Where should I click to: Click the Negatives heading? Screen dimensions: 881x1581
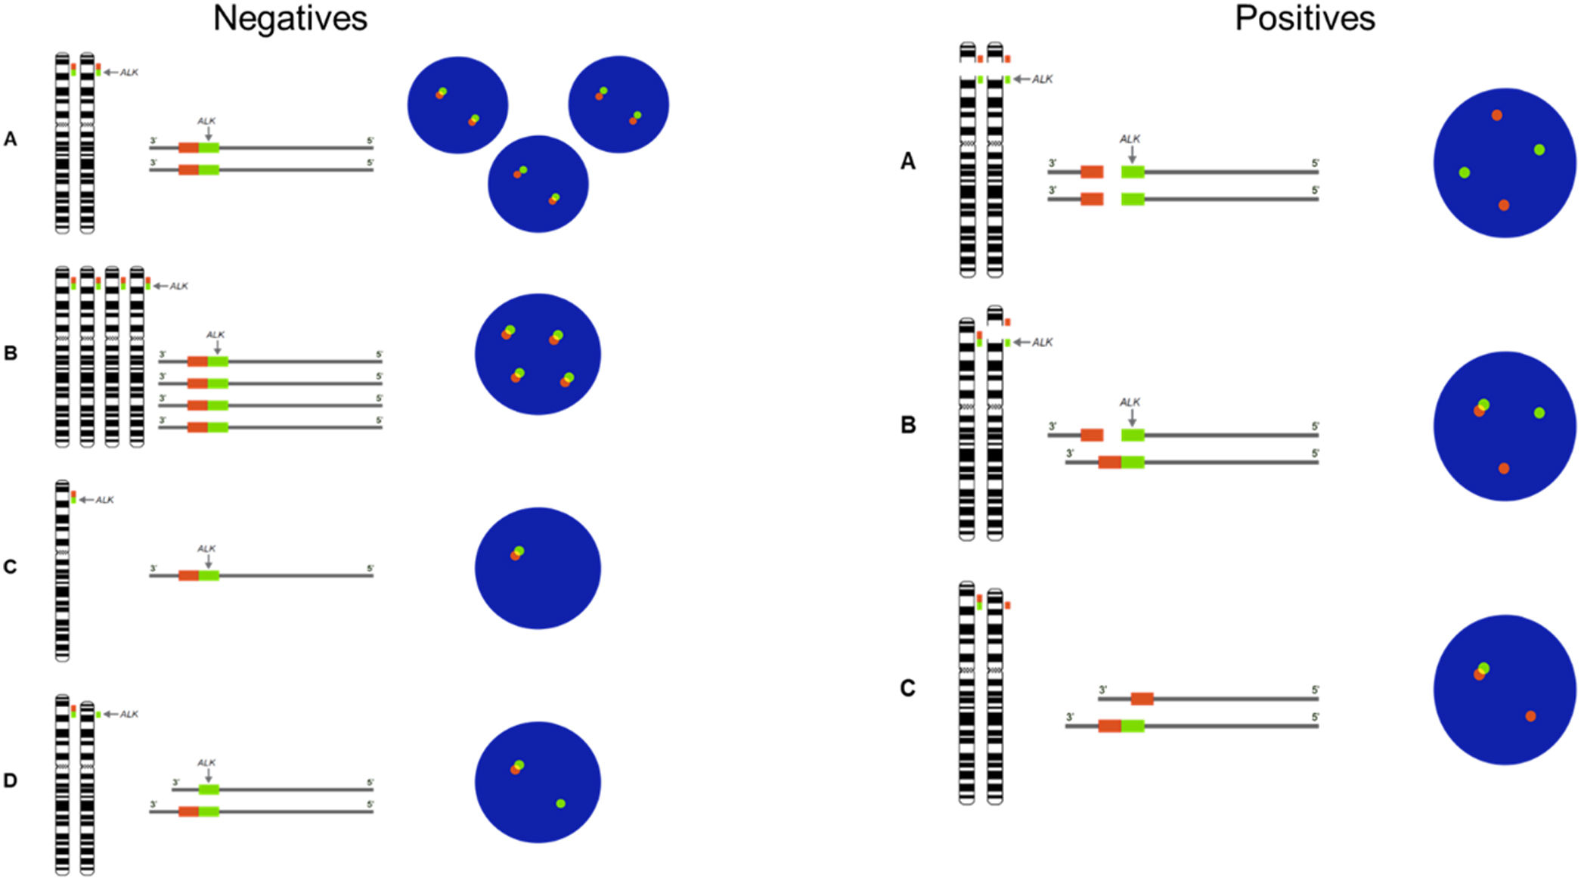(x=290, y=19)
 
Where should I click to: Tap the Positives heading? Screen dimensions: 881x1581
(x=1304, y=19)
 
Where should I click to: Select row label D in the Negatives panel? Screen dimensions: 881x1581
(x=11, y=780)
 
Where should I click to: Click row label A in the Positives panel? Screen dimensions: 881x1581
(x=908, y=161)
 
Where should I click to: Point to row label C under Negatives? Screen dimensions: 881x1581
(x=11, y=566)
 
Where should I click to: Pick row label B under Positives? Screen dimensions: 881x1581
(x=908, y=425)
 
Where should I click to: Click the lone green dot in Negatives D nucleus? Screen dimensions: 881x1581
(x=560, y=803)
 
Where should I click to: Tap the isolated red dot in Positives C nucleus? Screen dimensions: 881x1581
(x=1530, y=715)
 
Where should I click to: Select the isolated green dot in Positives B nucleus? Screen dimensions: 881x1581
(x=1539, y=413)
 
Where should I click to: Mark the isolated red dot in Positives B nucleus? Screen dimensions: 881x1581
(x=1504, y=468)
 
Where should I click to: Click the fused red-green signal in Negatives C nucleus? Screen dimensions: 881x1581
(x=516, y=553)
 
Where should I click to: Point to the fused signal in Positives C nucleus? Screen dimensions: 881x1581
(x=1481, y=671)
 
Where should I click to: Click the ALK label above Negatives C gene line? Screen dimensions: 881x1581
(x=206, y=548)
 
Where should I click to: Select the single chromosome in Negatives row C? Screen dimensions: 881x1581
(x=62, y=570)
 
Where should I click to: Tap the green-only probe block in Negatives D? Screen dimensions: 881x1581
(x=209, y=789)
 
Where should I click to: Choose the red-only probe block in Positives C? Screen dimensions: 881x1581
(x=1142, y=699)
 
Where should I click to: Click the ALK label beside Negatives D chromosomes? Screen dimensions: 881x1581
(x=129, y=714)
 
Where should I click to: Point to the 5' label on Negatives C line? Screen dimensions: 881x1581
(x=370, y=569)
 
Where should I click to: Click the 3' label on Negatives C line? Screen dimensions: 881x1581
(x=153, y=569)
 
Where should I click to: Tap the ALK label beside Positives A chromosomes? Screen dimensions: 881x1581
(x=1042, y=79)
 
